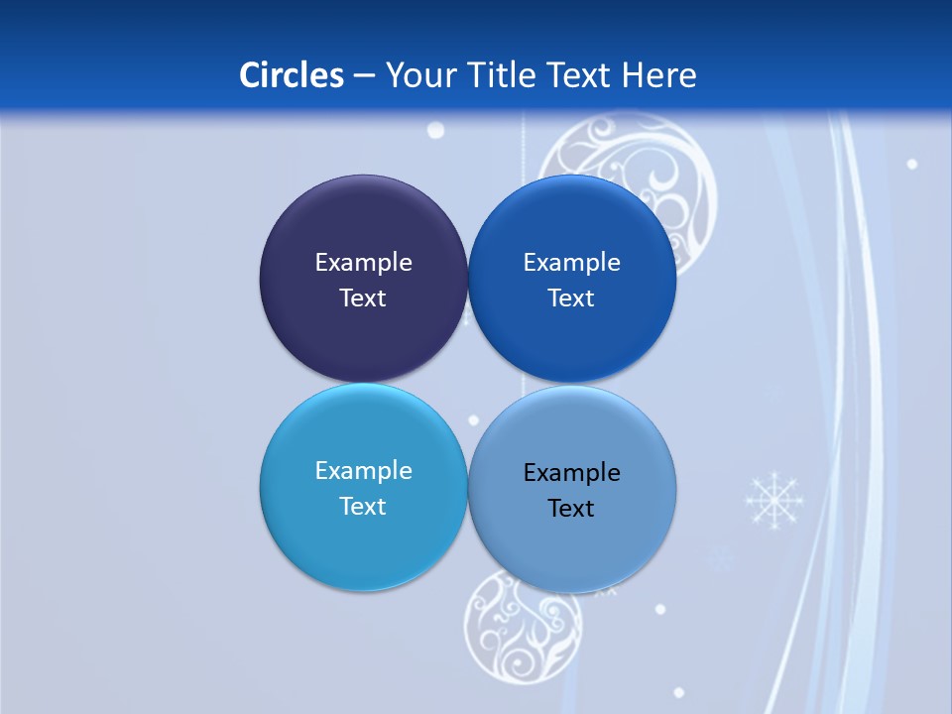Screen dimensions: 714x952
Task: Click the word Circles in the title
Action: click(x=292, y=75)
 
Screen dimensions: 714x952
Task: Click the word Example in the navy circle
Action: click(x=363, y=263)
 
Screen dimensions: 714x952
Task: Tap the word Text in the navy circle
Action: click(x=363, y=298)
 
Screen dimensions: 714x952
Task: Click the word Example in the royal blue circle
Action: click(x=572, y=263)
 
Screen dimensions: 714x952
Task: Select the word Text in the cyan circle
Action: click(x=363, y=507)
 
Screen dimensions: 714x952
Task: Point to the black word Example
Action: click(x=572, y=473)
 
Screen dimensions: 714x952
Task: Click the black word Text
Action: click(x=572, y=509)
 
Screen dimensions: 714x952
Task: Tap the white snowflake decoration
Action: click(x=774, y=499)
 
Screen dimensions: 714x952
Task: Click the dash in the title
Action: click(x=364, y=75)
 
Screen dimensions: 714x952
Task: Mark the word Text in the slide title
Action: click(x=579, y=75)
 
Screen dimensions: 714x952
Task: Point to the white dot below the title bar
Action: click(x=435, y=131)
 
